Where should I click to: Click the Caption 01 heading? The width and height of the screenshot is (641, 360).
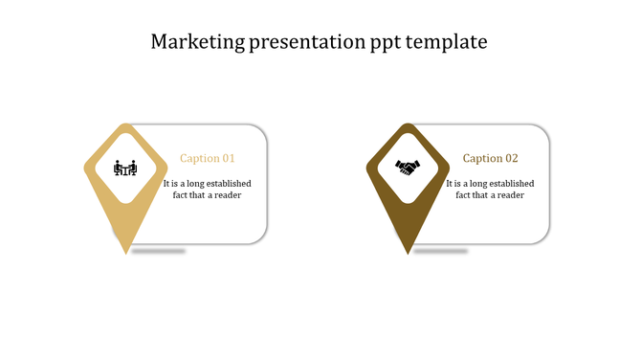coord(208,159)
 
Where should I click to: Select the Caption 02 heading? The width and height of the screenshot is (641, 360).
coord(490,159)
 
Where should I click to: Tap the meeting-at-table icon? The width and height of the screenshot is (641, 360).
coord(125,169)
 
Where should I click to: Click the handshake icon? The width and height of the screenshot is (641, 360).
coord(409,169)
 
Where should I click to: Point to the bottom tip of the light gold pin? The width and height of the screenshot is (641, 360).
coord(125,254)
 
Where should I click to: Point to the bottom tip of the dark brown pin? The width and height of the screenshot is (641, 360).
coord(409,254)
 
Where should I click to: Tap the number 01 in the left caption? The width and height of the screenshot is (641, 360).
coord(228,159)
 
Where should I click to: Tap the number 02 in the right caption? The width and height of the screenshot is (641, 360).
coord(511,159)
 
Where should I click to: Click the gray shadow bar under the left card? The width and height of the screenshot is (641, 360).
coord(159,251)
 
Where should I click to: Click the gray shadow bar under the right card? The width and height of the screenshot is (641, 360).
coord(441,251)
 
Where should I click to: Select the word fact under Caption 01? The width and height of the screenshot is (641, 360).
coord(182,195)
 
